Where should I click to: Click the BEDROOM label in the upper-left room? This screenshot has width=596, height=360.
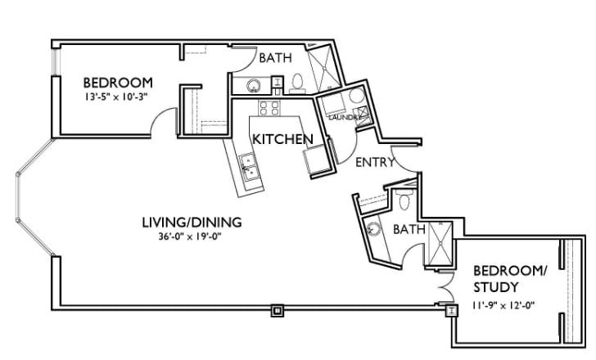click(x=119, y=83)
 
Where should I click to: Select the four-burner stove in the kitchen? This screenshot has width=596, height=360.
click(x=270, y=108)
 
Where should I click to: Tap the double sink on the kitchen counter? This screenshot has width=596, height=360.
click(x=248, y=166)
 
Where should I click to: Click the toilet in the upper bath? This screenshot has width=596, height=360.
click(x=297, y=81)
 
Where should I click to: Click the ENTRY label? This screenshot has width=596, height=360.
click(x=375, y=162)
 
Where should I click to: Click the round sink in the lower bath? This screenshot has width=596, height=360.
click(x=374, y=230)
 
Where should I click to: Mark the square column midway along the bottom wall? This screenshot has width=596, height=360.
click(x=277, y=310)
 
